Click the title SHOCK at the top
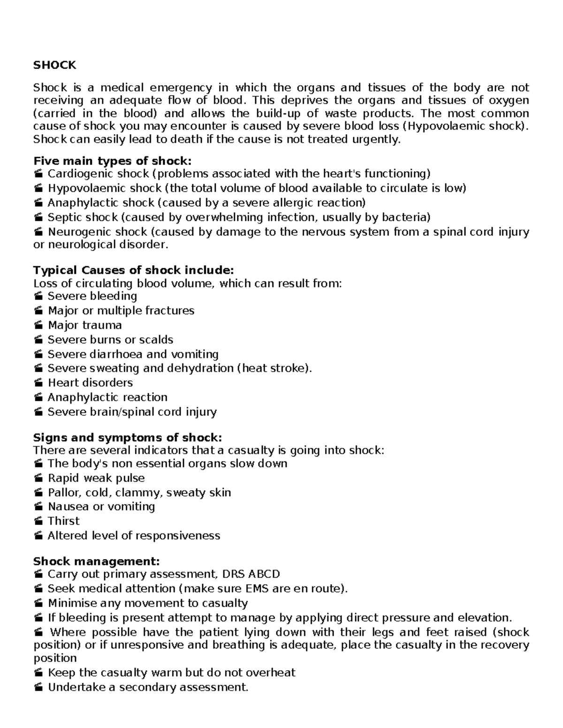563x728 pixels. pos(54,65)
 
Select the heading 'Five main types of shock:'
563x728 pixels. pos(112,161)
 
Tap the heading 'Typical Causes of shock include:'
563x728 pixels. pos(133,270)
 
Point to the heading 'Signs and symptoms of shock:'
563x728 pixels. pos(128,437)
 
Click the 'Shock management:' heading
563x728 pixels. pos(96,561)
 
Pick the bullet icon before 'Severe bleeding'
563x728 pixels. pos(38,297)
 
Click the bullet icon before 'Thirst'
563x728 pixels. pos(38,521)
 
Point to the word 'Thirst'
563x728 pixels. pos(63,521)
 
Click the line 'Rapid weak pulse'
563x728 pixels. pos(96,478)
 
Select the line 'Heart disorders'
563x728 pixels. pos(90,383)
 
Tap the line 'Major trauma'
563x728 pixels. pos(84,325)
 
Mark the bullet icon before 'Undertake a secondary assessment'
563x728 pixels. pos(38,688)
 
